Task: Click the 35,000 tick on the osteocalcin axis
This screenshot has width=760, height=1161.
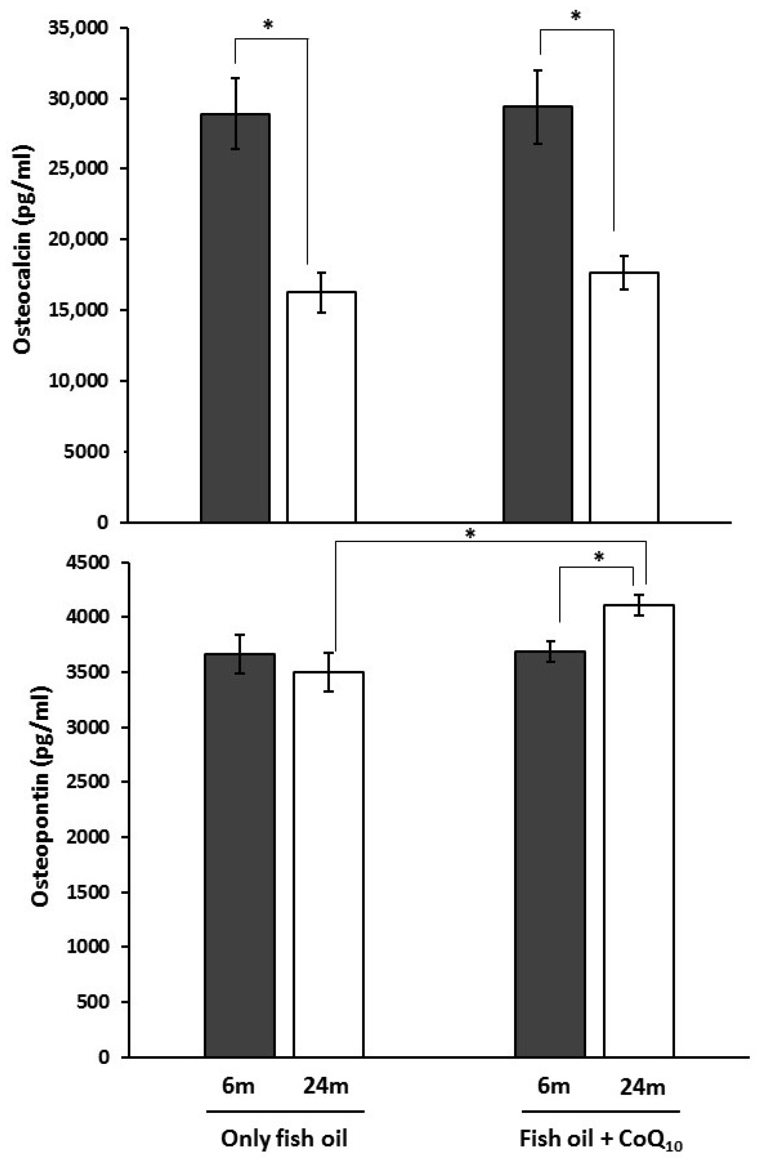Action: tap(78, 28)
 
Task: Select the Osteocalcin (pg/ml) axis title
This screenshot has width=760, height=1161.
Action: tap(23, 249)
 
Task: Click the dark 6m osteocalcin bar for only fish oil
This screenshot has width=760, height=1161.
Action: tap(235, 317)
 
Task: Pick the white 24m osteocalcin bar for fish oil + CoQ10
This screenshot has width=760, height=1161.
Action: tap(624, 397)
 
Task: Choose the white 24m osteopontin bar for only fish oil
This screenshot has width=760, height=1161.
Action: tap(328, 864)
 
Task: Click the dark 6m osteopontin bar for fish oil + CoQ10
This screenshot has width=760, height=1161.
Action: tap(550, 853)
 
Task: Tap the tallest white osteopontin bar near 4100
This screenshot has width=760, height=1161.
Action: tap(638, 829)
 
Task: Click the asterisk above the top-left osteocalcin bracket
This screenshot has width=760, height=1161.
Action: tap(267, 25)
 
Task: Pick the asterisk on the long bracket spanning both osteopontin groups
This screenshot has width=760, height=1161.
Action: tap(470, 534)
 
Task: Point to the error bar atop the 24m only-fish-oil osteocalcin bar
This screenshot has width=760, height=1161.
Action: tap(321, 292)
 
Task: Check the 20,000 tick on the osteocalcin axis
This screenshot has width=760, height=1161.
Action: tap(78, 239)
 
